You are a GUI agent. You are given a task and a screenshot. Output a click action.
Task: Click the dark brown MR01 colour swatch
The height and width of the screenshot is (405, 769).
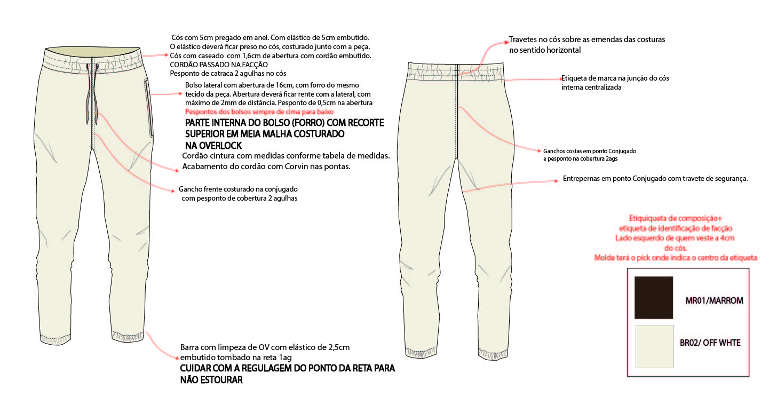pyautogui.click(x=653, y=298)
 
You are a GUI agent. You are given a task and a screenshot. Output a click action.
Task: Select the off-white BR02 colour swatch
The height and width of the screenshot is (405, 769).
pyautogui.click(x=654, y=346)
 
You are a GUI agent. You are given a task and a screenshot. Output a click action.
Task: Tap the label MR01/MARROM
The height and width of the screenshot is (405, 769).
pyautogui.click(x=714, y=300)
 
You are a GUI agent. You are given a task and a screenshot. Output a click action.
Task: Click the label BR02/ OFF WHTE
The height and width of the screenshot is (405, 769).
pyautogui.click(x=710, y=343)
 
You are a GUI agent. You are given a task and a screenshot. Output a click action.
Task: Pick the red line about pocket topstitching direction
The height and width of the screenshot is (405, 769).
pyautogui.click(x=259, y=112)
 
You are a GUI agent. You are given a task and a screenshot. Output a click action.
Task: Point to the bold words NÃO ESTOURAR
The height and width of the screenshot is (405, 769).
pyautogui.click(x=211, y=380)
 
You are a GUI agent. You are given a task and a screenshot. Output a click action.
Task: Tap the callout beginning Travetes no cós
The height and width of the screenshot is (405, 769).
pyautogui.click(x=586, y=40)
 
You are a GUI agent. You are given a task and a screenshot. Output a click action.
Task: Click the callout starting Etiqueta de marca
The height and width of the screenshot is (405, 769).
pyautogui.click(x=615, y=78)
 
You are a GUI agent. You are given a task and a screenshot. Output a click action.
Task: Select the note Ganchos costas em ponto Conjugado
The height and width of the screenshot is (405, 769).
pyautogui.click(x=589, y=151)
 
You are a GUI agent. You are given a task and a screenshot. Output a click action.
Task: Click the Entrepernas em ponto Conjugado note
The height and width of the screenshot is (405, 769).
pyautogui.click(x=655, y=179)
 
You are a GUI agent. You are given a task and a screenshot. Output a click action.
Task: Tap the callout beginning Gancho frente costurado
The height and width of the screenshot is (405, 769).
pyautogui.click(x=238, y=189)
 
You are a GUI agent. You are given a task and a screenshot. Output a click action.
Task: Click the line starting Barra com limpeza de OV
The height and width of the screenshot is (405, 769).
pyautogui.click(x=265, y=347)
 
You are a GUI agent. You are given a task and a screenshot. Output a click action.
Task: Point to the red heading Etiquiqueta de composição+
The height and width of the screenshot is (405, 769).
pyautogui.click(x=675, y=218)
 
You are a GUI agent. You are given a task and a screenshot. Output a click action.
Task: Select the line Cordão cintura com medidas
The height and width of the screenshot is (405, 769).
pyautogui.click(x=286, y=156)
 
